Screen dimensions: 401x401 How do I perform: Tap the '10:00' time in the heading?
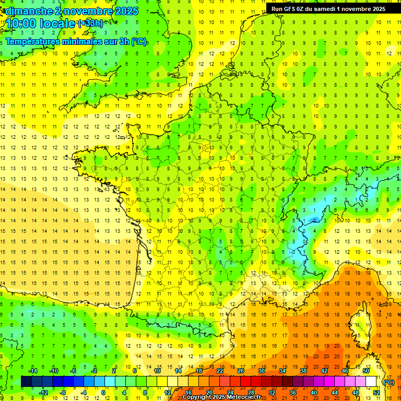20,23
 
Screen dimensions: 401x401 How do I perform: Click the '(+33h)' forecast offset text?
91,23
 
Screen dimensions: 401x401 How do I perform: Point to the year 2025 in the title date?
126,10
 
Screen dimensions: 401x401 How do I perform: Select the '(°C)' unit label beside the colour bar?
388,382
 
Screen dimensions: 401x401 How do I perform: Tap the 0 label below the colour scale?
104,393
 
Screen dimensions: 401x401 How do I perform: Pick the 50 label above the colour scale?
366,371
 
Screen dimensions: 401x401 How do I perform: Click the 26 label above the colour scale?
241,371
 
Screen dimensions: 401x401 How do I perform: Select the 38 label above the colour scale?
303,371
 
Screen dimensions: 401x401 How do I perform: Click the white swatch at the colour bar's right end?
371,382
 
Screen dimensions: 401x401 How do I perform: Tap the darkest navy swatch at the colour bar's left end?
26,382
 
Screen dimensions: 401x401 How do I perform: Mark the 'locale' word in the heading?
57,23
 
